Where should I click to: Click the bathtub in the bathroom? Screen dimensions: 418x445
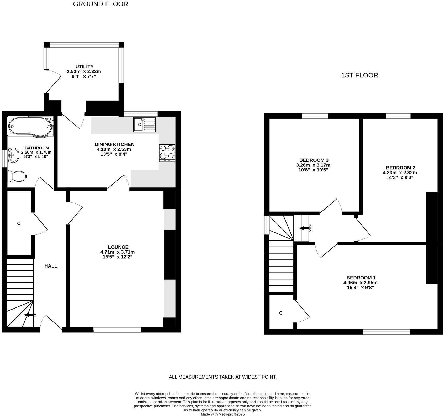coord(30,127)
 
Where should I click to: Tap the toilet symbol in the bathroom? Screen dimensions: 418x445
coord(17,176)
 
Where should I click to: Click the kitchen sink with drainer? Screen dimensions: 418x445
coord(144,124)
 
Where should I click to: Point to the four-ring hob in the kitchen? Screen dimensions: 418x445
coord(167,153)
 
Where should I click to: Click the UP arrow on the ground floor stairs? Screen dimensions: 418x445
coord(29,315)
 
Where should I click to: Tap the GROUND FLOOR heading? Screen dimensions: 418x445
coord(100,4)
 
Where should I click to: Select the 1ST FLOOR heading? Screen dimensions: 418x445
coord(359,76)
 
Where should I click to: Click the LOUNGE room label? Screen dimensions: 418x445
coord(118,247)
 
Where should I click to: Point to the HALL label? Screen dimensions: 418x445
coord(51,266)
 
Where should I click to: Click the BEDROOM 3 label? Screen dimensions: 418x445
coord(314,160)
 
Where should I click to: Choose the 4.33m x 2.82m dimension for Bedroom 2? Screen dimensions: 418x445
coord(400,173)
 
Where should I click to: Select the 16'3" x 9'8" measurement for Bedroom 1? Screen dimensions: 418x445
coord(360,288)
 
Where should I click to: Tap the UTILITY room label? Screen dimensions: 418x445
coord(84,67)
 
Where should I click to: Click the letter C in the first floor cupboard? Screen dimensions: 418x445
coord(281,313)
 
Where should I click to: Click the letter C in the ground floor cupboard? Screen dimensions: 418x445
coord(19,223)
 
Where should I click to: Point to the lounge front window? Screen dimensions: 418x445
coord(117,330)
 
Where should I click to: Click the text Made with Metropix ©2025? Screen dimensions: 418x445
coord(222,414)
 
